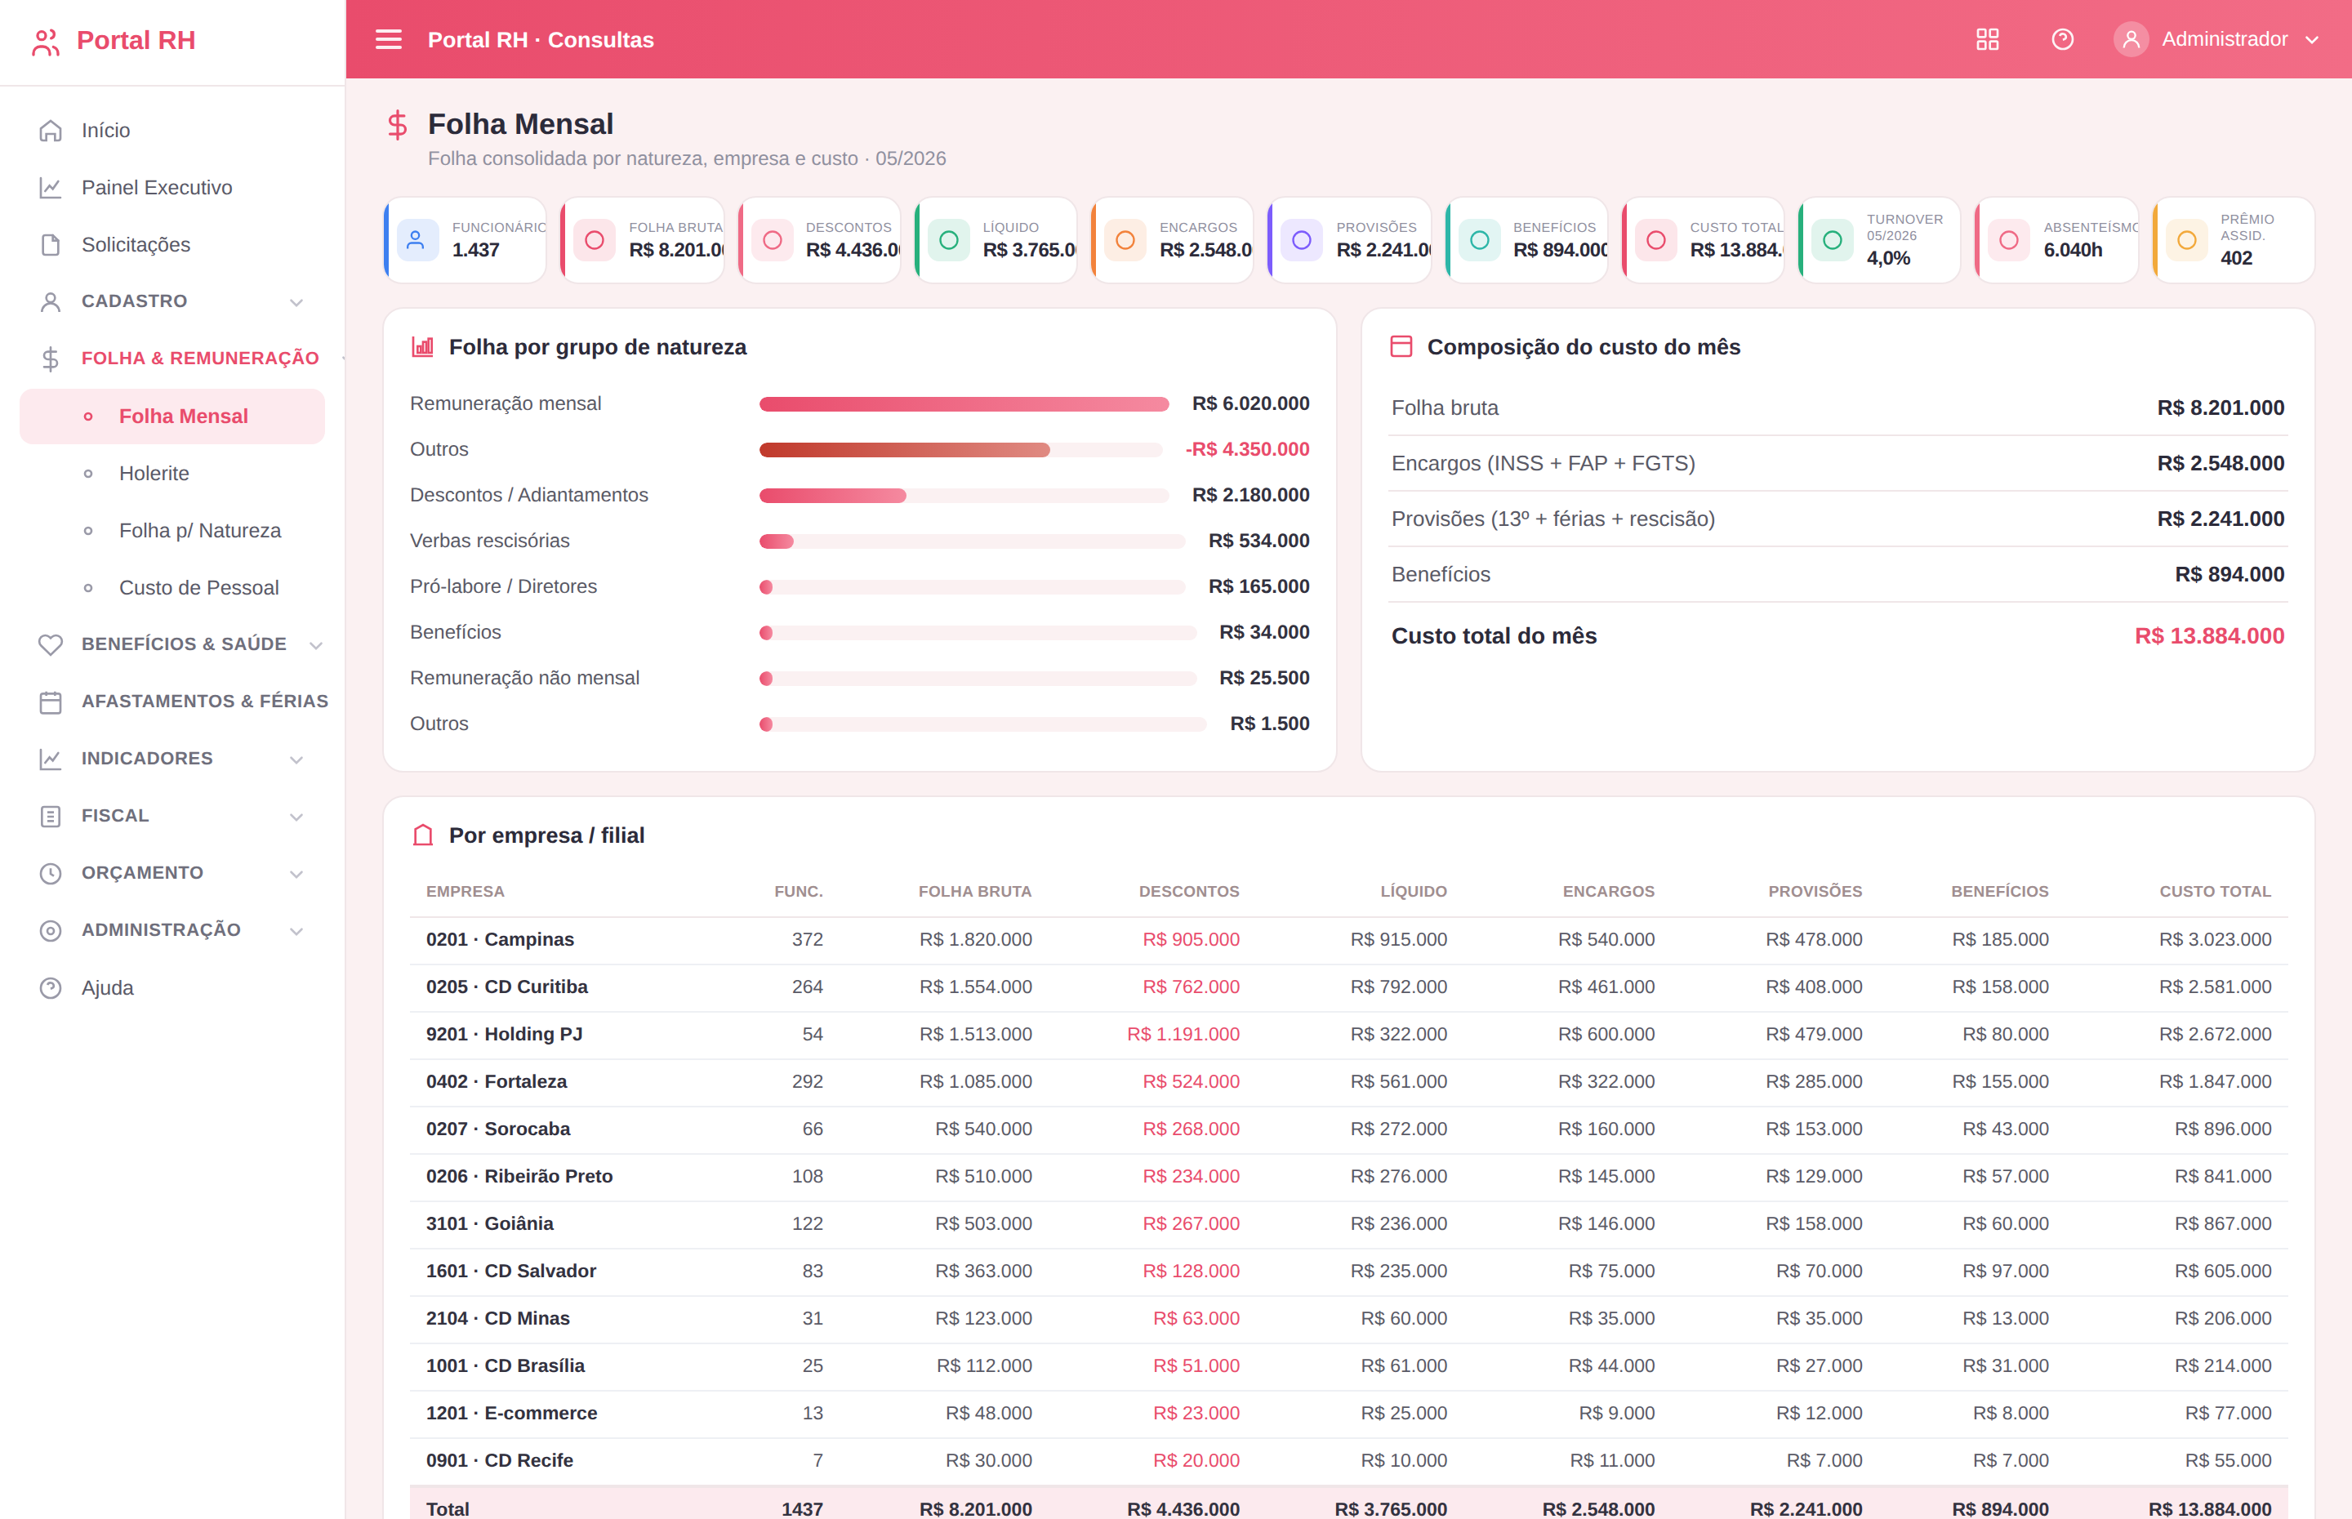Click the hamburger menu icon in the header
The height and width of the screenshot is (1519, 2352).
[x=389, y=39]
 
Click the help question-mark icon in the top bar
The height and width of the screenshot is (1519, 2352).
[x=2062, y=39]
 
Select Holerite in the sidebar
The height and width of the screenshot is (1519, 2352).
[x=154, y=474]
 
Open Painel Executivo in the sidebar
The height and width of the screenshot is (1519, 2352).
[x=157, y=187]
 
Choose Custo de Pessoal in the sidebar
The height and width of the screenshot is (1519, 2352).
[x=199, y=588]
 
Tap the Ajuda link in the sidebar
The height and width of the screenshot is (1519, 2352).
[x=108, y=987]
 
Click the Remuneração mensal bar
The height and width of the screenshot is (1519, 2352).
[x=964, y=404]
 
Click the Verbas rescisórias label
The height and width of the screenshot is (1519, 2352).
[x=490, y=541]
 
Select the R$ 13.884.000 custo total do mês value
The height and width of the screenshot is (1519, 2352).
[x=2209, y=636]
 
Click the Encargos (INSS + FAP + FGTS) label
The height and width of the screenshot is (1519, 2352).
[x=1543, y=464]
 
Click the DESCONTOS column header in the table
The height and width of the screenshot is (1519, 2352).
[x=1188, y=892]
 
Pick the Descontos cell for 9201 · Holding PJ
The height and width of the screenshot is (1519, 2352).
[x=1183, y=1034]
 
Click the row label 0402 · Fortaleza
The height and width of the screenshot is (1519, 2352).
[x=496, y=1081]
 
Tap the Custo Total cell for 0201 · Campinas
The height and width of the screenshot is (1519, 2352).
[x=2215, y=939]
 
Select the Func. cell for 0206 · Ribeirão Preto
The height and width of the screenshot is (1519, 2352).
[x=807, y=1176]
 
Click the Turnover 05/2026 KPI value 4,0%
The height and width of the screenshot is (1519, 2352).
[x=1887, y=258]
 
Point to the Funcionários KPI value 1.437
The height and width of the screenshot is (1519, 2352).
[x=475, y=251]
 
